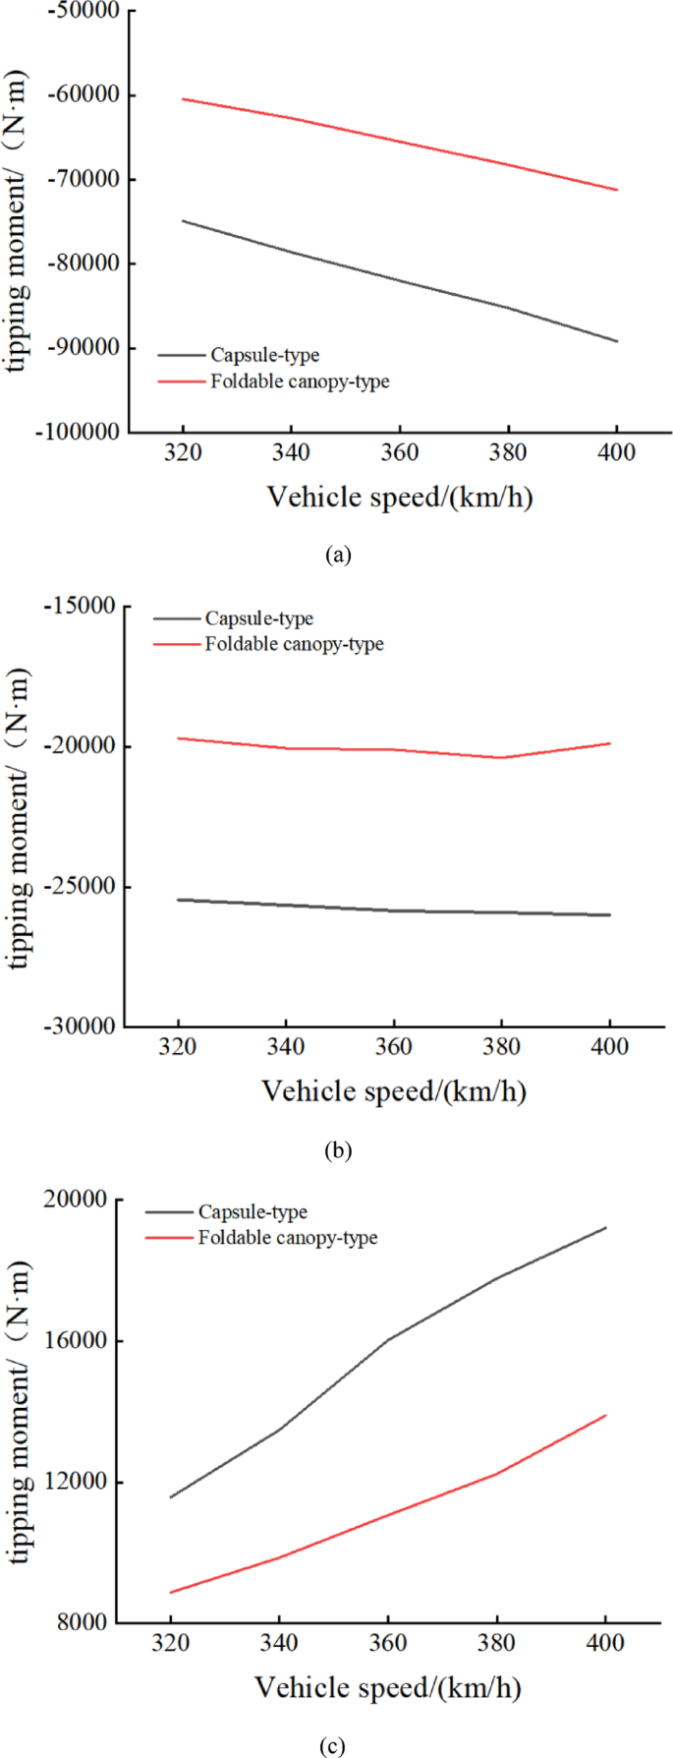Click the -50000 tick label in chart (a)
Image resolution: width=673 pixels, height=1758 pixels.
(79, 11)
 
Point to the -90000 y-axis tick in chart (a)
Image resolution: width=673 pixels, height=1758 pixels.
(79, 347)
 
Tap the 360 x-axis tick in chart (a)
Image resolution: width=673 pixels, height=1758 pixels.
(399, 453)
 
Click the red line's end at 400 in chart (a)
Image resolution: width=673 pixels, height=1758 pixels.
(616, 190)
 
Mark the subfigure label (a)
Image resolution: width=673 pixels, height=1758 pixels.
(337, 555)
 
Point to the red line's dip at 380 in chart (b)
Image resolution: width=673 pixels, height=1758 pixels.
(501, 758)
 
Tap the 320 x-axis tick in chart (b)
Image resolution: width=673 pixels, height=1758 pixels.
(177, 1048)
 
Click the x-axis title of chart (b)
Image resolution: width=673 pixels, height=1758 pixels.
(393, 1091)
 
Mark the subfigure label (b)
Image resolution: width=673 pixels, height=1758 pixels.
(337, 1149)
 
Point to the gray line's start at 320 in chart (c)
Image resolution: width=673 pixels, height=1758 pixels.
(171, 1497)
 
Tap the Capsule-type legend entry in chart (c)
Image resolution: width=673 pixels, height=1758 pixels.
(252, 1212)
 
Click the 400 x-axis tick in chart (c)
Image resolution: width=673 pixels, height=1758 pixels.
(604, 1645)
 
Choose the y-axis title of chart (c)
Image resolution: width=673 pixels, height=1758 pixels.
(20, 1413)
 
